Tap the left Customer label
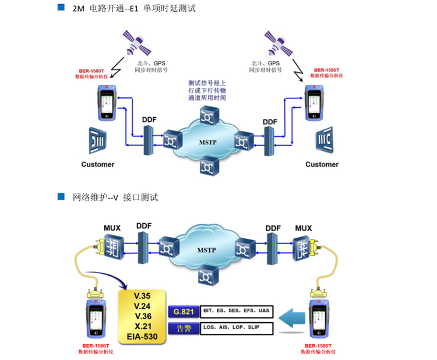[x=97, y=164]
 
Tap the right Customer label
[x=322, y=164]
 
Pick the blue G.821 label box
[x=181, y=312]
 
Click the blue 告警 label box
[x=181, y=329]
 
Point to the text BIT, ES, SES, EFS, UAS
[x=234, y=312]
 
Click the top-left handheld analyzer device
[x=106, y=102]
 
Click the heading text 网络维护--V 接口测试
[x=115, y=197]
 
